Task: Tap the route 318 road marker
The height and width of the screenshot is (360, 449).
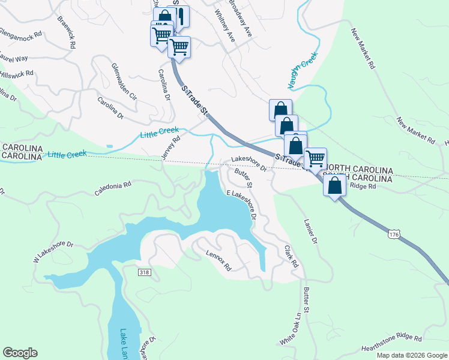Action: point(144,272)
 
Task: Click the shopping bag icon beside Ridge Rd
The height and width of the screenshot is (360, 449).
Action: point(334,185)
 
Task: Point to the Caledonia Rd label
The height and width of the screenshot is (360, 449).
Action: point(112,188)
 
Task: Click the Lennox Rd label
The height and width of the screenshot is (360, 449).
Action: point(218,260)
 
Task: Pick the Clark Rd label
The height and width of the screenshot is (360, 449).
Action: point(291,256)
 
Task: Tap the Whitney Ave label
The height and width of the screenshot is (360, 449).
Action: point(224,25)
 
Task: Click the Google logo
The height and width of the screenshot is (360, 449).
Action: point(20,353)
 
